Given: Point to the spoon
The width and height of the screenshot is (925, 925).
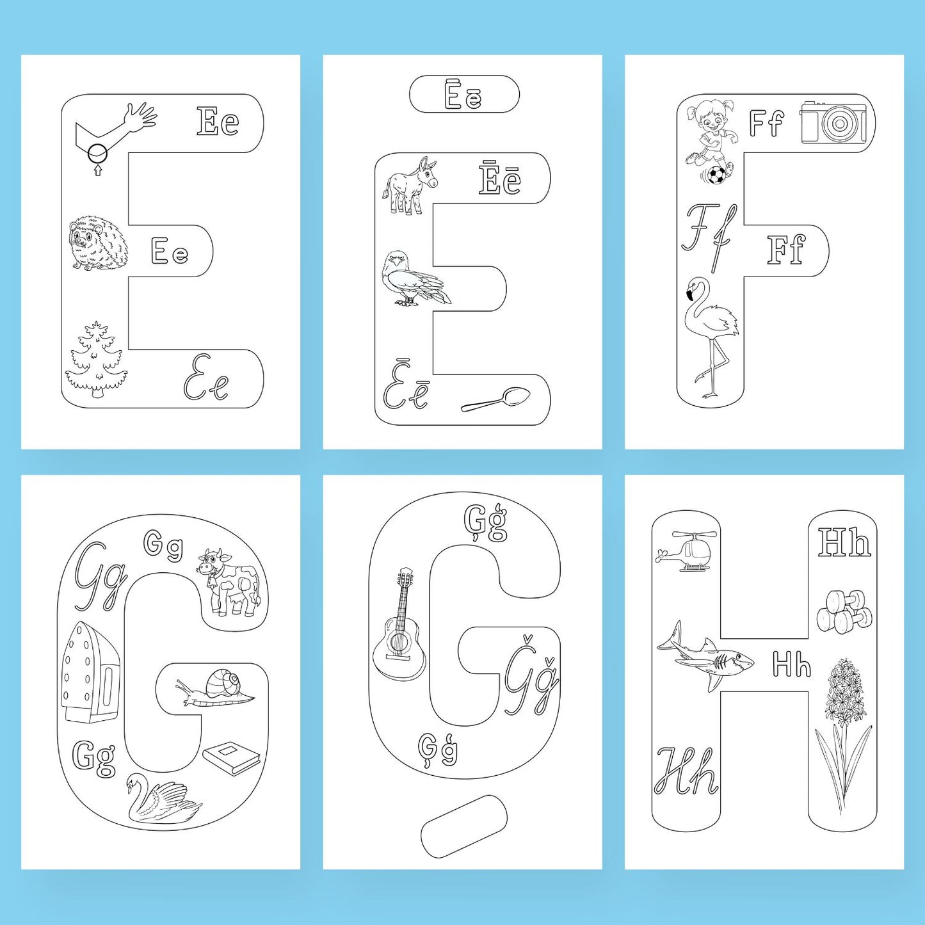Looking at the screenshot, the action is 496,399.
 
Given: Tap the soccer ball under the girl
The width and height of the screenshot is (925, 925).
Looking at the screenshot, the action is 716,175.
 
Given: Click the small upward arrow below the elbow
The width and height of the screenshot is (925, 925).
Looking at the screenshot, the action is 98,170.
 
